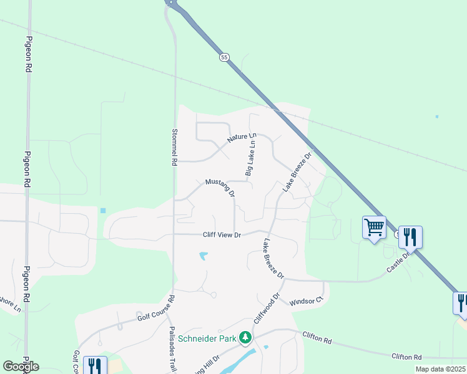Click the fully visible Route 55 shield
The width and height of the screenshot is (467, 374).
coord(224,57)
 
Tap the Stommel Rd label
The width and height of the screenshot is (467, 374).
coord(174,146)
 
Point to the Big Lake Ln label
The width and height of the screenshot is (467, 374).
coord(250,158)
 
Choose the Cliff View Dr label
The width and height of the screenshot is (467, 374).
coord(222,235)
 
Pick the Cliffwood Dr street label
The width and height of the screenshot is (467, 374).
coord(267,308)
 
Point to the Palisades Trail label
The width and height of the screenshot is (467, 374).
coord(172,350)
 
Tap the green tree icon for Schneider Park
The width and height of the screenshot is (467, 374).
coord(245,338)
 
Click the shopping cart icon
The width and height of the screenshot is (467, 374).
coord(374,228)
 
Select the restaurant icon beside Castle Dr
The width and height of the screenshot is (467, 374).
coord(410,237)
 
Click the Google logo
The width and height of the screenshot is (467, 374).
coord(21,367)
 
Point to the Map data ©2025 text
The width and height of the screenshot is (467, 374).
coord(440,369)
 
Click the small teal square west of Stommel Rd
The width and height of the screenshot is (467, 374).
coord(102,211)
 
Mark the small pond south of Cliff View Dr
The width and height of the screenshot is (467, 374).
coord(203,256)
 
